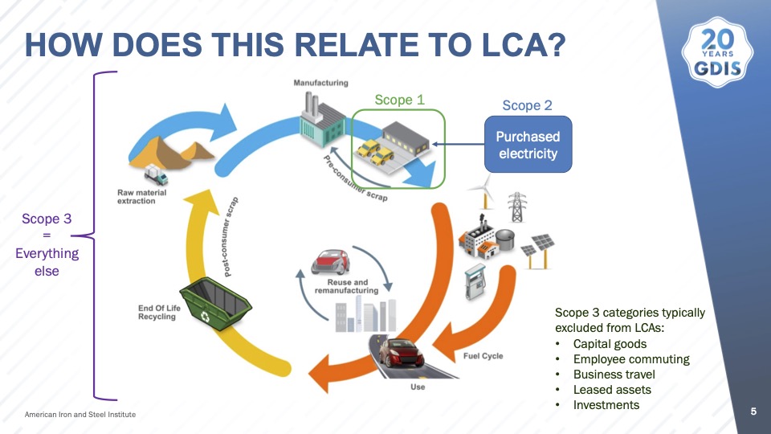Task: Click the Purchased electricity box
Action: tap(528, 145)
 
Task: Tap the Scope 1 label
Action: tap(399, 100)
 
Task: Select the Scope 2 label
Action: tap(527, 105)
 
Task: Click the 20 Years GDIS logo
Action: tap(717, 52)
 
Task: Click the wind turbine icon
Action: tap(483, 190)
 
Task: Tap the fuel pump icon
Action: tap(475, 281)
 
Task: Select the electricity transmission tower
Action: tap(516, 207)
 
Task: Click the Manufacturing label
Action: tap(320, 83)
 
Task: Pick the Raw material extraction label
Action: tap(141, 197)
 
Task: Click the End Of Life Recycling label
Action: tap(159, 313)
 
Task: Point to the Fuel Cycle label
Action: tap(483, 356)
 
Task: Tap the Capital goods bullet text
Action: tap(610, 344)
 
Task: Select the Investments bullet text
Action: tap(606, 405)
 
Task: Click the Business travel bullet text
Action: tap(614, 375)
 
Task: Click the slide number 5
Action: tap(753, 411)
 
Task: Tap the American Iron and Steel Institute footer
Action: tap(80, 415)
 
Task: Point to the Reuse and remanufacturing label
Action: tap(347, 286)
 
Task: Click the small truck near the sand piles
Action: tap(156, 174)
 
